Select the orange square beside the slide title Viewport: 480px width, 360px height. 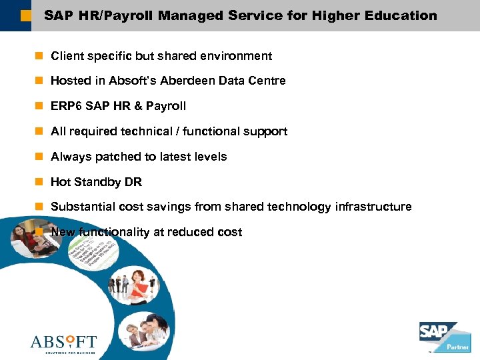[x=25, y=15]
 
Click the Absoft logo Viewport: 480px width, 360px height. [x=63, y=343]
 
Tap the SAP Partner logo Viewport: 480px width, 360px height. [x=443, y=337]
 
